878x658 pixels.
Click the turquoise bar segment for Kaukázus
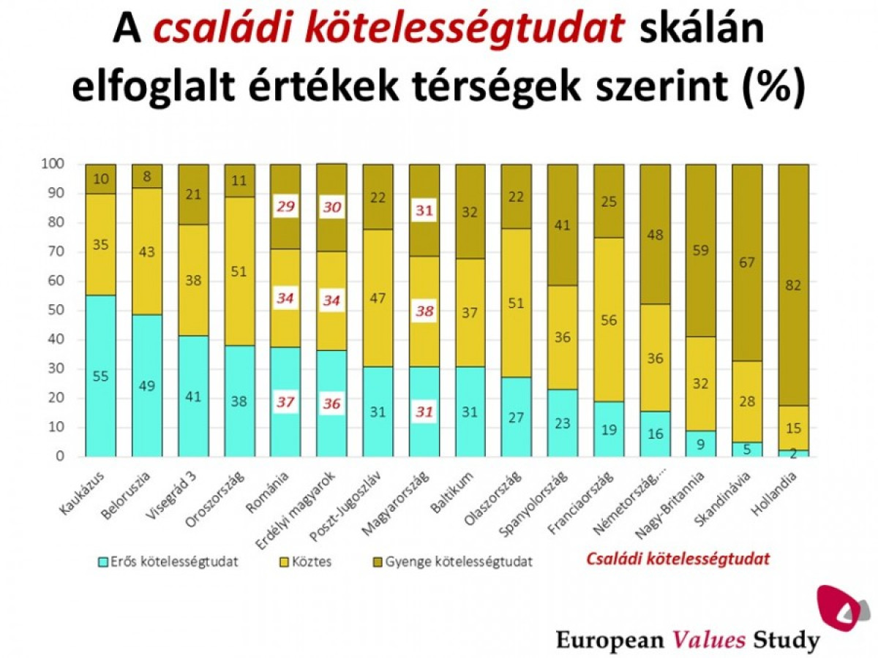click(101, 376)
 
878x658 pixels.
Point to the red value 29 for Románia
click(286, 207)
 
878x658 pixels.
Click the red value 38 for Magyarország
click(424, 311)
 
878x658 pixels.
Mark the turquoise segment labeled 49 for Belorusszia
click(147, 385)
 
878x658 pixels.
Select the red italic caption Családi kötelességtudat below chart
click(678, 559)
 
